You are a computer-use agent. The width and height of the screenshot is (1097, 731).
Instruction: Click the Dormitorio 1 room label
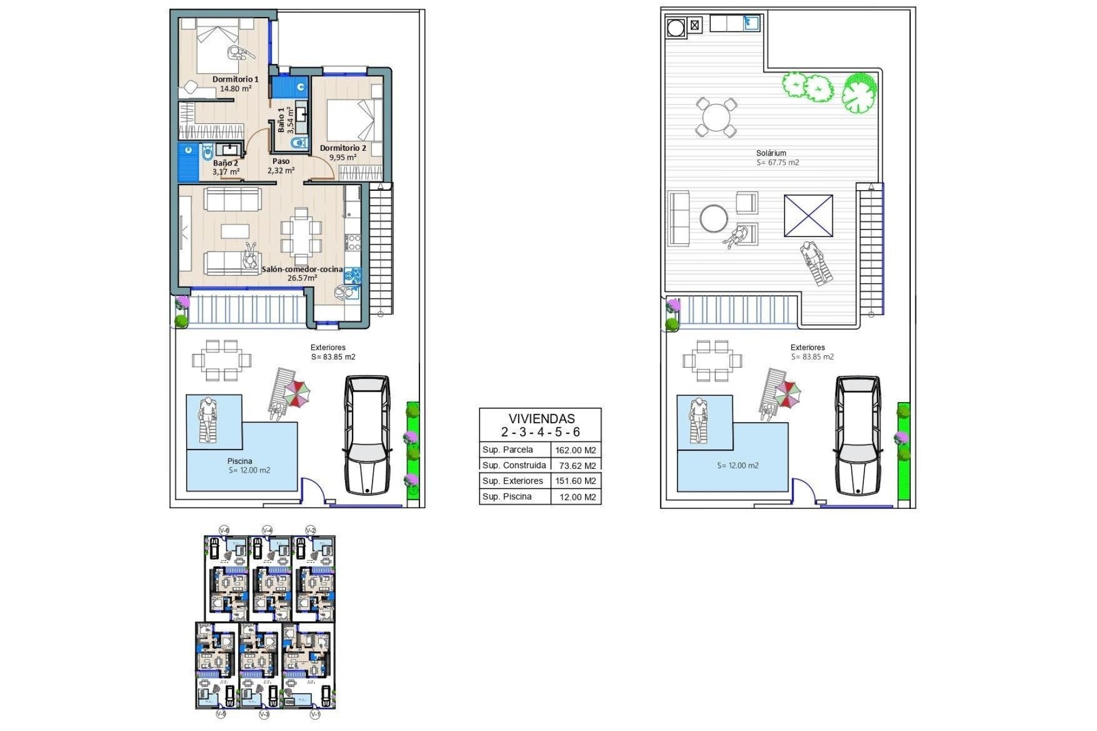[235, 79]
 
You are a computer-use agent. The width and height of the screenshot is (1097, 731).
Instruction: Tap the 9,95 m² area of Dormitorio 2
[343, 158]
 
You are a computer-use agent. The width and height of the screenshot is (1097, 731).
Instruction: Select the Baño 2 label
[225, 163]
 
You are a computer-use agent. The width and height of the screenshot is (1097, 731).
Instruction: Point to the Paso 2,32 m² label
[281, 166]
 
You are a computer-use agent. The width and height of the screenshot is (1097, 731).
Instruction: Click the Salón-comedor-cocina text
[302, 269]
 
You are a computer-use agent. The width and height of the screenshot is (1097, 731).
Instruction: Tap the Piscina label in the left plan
[239, 461]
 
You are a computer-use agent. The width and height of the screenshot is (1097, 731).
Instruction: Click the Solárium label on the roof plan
[771, 153]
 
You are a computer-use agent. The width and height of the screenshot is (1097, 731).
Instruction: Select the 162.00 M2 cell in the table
[575, 450]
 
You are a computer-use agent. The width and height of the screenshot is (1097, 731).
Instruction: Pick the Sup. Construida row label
[514, 465]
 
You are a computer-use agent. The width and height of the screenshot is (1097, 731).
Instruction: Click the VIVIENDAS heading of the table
[541, 419]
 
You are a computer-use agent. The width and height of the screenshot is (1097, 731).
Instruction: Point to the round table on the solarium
[716, 118]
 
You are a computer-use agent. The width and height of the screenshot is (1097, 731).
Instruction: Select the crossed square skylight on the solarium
[808, 215]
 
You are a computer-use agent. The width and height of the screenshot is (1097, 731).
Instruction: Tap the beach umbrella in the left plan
[297, 393]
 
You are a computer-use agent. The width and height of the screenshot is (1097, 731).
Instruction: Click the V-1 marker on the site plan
[315, 714]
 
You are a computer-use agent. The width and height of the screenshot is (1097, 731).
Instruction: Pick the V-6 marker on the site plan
[225, 531]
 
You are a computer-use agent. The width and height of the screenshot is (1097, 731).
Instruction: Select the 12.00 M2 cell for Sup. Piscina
[577, 497]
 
